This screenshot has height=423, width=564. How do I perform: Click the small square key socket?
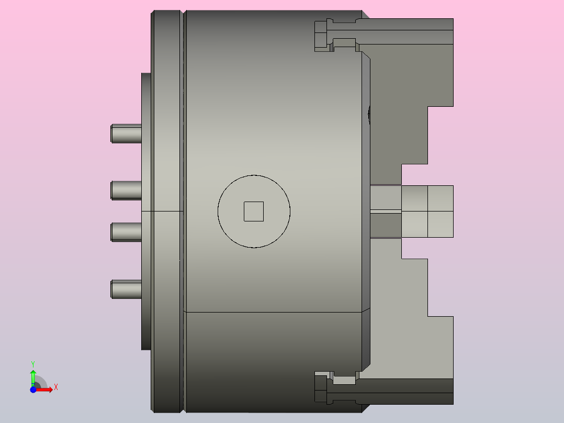point(254,211)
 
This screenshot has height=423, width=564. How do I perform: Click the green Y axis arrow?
point(32,376)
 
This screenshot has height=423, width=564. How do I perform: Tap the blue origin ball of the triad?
point(33,389)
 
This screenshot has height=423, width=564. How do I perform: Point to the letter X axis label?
point(55,387)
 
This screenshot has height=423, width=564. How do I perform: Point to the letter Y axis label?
point(32,363)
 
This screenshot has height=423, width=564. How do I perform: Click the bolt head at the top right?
point(321,35)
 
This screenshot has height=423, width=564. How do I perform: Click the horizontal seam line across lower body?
point(272,312)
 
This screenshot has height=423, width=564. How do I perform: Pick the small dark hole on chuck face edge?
point(369,114)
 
